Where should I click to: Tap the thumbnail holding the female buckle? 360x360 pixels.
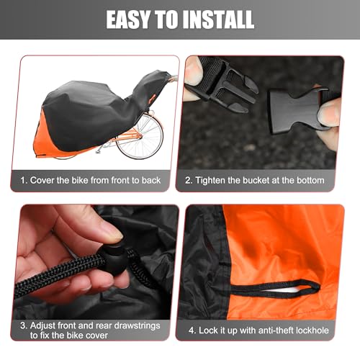coord(328,112)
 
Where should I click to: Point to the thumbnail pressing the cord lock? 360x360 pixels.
coord(108,232)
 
